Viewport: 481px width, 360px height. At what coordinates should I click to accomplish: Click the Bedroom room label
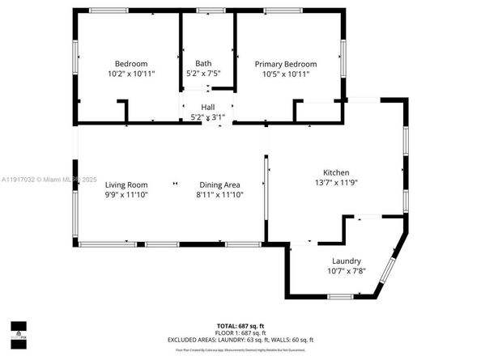(130, 64)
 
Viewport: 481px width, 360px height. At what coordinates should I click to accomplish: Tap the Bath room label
(203, 64)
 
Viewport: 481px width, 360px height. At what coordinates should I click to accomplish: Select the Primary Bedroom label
(285, 64)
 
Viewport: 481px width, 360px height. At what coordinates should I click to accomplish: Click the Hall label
(208, 107)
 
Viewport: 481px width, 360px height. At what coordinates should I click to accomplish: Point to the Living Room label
(126, 184)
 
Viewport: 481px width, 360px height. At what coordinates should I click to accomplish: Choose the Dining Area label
(219, 184)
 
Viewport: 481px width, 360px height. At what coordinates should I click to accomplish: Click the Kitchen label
(336, 173)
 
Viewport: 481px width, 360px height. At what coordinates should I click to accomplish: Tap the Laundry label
(346, 261)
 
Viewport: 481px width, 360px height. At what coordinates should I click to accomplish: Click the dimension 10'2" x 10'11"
(130, 74)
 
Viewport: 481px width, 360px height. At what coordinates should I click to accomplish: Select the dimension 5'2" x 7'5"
(203, 74)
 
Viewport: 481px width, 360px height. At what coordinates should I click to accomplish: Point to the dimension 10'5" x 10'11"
(285, 74)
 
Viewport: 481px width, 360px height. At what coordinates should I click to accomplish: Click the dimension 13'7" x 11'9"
(336, 183)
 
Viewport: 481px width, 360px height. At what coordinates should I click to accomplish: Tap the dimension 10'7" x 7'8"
(346, 271)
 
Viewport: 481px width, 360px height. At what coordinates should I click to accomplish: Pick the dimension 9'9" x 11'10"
(126, 194)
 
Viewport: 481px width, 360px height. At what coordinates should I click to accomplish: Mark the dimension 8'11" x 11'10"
(219, 194)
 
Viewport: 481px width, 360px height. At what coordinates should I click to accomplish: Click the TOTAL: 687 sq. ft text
(240, 325)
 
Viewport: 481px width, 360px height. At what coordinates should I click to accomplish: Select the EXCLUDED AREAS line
(240, 339)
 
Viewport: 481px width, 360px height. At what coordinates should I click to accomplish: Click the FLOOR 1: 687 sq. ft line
(240, 332)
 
